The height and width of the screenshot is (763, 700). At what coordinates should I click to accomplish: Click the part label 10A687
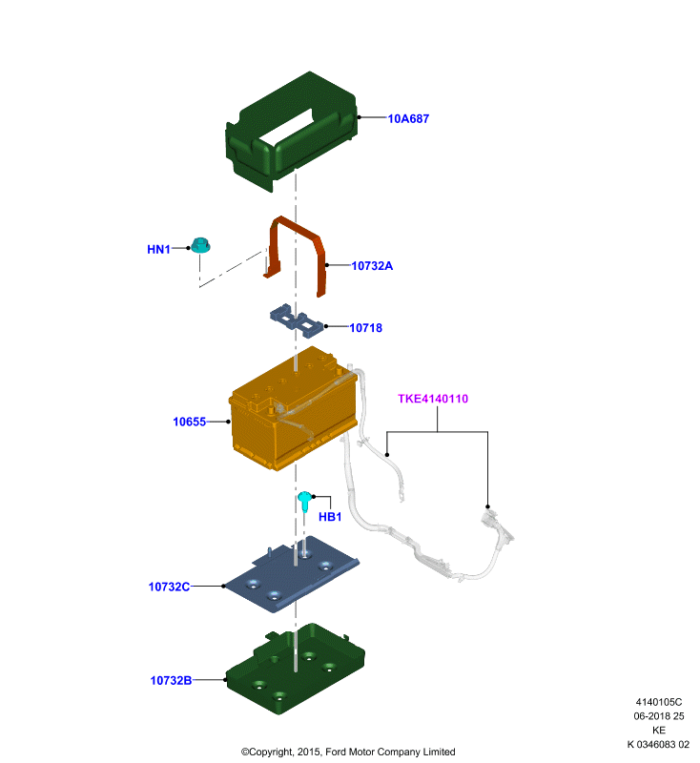point(408,118)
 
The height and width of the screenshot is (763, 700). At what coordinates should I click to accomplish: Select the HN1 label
point(158,249)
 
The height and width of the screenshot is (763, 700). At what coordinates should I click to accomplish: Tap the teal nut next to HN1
point(200,245)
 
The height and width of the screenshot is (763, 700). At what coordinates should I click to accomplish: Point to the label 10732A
point(372,266)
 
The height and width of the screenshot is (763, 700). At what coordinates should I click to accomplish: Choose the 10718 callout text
point(366,328)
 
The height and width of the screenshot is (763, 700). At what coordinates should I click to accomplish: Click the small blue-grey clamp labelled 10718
point(297,320)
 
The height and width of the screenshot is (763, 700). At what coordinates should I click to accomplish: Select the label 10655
point(189,422)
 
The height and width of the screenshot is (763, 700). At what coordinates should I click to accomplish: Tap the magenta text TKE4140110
point(433,399)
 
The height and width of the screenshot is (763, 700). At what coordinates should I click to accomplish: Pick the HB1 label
point(330,517)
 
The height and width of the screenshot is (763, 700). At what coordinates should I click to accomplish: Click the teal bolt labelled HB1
point(304,501)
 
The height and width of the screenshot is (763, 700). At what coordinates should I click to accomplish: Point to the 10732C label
point(169,587)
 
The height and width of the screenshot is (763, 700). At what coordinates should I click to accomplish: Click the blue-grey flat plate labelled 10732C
point(292,574)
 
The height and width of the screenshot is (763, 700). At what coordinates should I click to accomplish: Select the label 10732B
point(171,680)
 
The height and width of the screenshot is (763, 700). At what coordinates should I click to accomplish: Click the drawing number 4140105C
point(659,702)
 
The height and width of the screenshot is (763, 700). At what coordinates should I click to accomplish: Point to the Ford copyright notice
point(348,752)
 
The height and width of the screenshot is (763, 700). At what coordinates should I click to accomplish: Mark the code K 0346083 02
point(658,745)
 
